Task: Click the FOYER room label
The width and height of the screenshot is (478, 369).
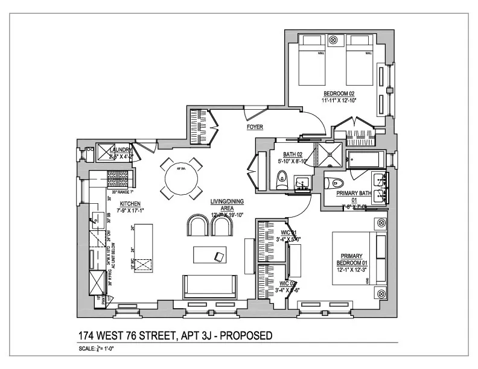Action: (255, 128)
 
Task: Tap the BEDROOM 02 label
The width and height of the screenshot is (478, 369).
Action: (339, 93)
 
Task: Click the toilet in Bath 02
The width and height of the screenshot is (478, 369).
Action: (281, 180)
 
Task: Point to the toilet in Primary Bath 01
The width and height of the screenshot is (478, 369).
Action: (336, 183)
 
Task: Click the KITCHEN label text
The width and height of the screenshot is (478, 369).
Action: (130, 204)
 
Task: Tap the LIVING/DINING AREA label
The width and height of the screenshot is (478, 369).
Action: (223, 203)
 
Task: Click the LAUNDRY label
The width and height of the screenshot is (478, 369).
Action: (121, 150)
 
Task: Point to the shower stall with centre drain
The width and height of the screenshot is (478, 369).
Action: (330, 154)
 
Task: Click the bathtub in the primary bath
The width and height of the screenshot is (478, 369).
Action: (364, 160)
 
